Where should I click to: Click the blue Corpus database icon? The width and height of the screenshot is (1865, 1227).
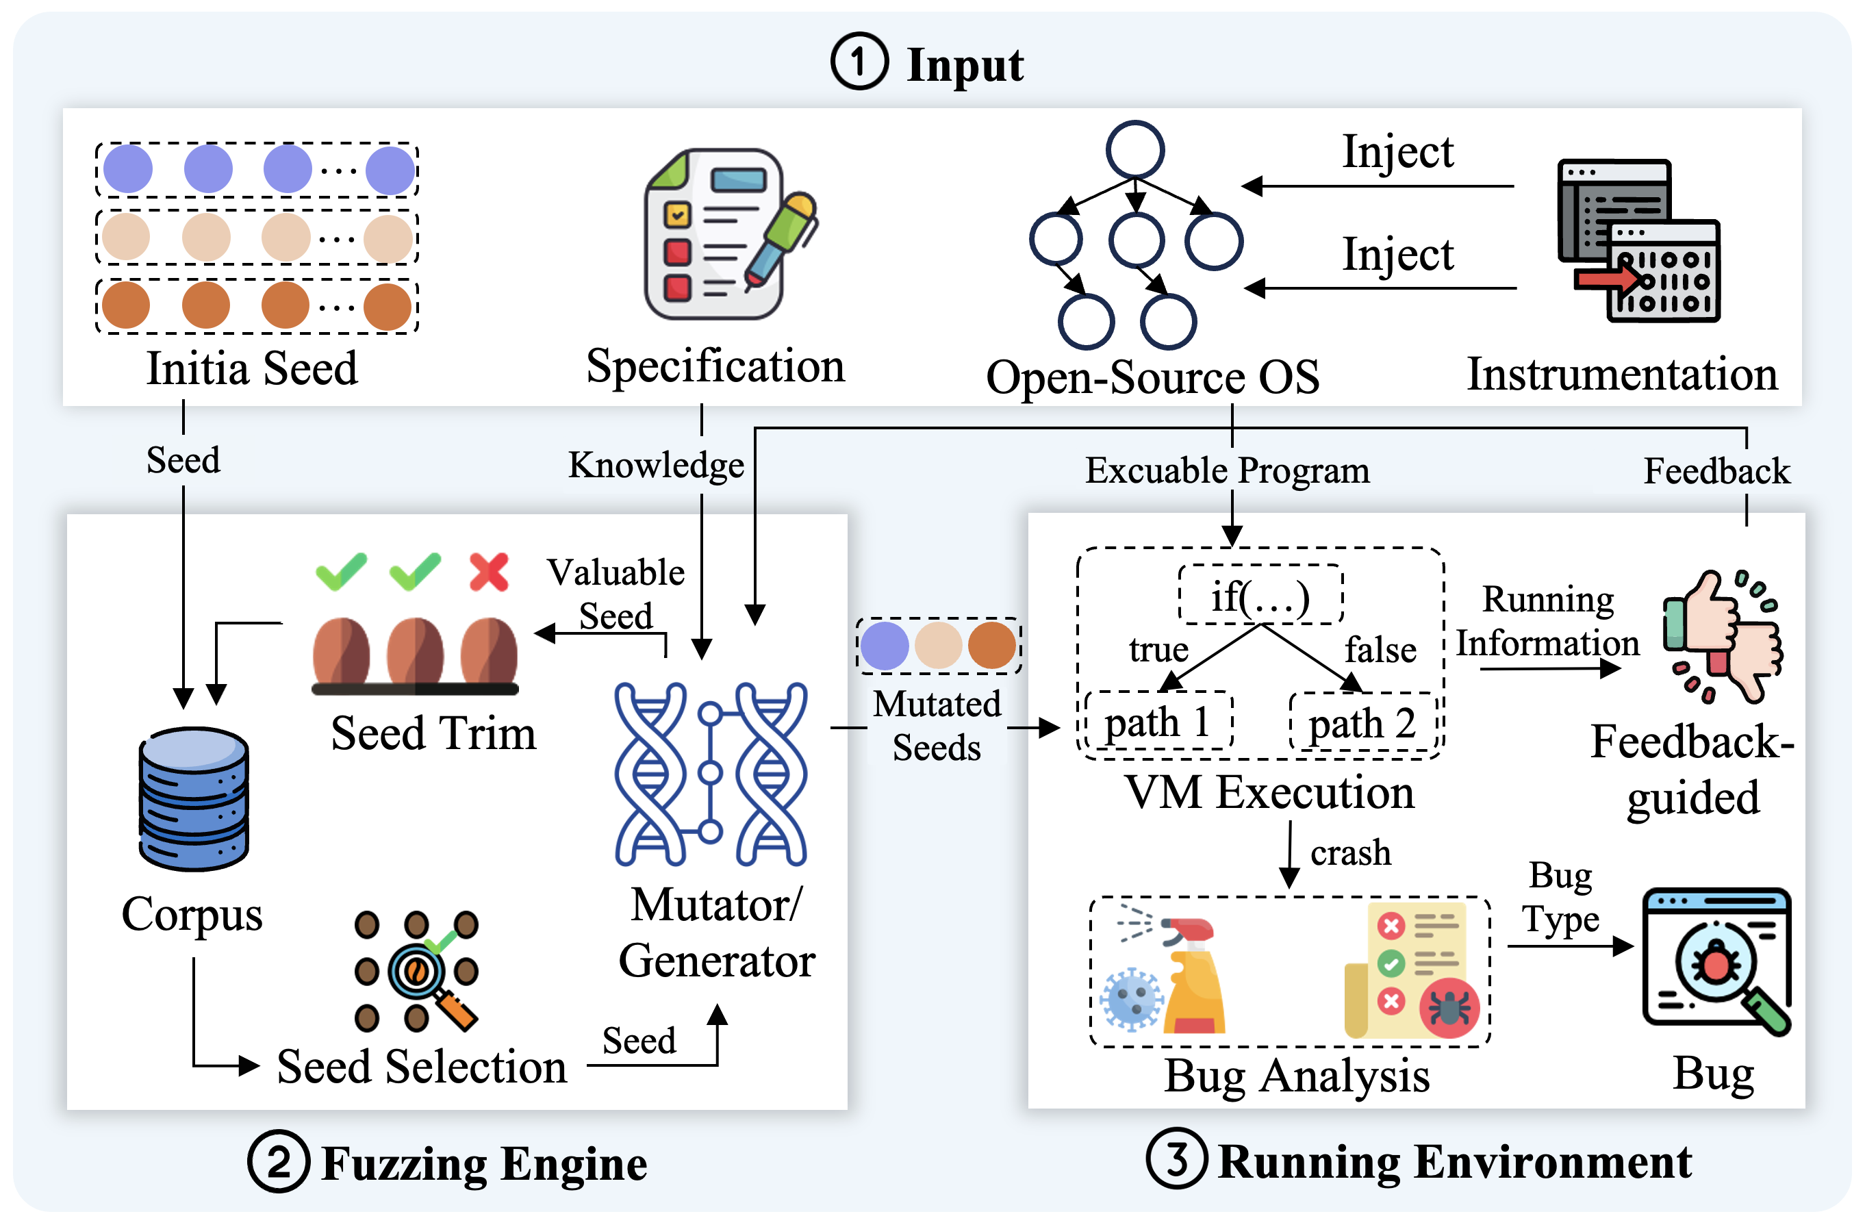194,798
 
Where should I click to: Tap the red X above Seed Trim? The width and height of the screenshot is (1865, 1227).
489,571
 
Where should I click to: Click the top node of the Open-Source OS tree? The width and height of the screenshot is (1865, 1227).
1134,149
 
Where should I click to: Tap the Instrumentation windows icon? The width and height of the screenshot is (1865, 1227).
1638,240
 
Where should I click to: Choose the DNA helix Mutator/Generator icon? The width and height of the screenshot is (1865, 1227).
710,773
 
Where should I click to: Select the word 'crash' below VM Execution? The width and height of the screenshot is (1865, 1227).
1350,852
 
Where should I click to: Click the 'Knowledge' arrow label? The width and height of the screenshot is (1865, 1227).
656,465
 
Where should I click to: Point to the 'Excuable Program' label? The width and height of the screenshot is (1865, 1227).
1227,470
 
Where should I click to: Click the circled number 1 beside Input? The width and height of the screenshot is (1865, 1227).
860,61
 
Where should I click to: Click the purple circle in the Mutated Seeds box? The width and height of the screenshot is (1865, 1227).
885,646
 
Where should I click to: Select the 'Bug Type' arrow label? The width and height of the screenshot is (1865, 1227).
1560,897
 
